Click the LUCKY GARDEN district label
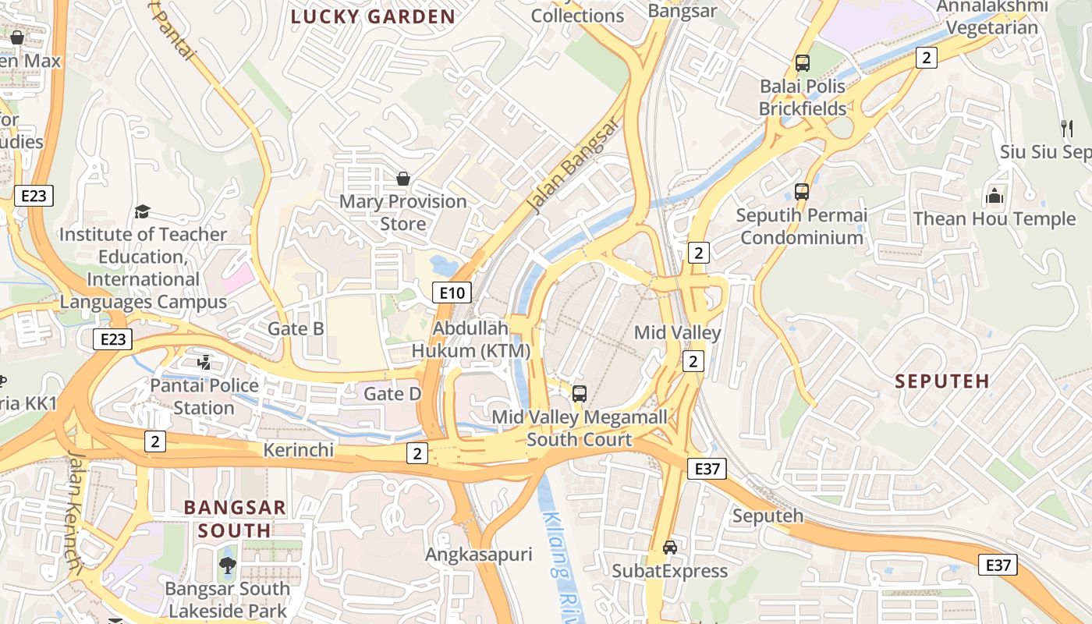tap(373, 16)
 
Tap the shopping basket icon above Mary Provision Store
tap(403, 179)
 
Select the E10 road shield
tap(452, 292)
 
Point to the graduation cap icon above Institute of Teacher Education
tap(142, 211)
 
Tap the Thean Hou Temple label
tap(994, 218)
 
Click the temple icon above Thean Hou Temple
tap(994, 195)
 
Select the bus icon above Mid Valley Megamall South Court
tap(580, 394)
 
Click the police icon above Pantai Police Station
tap(204, 362)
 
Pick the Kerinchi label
tap(299, 450)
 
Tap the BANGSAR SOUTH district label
tap(235, 519)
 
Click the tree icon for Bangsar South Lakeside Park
tap(227, 565)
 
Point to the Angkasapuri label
tap(478, 555)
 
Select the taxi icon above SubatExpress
tap(669, 547)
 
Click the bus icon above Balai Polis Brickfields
tap(802, 63)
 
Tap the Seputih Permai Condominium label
tap(802, 226)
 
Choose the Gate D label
tap(392, 394)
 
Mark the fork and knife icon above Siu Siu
tap(1066, 127)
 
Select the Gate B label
tap(296, 328)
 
